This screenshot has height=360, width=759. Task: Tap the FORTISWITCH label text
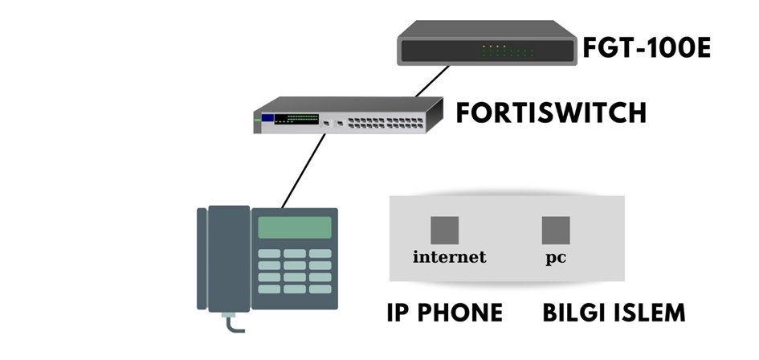(551, 113)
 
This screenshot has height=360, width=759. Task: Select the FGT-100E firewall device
(488, 45)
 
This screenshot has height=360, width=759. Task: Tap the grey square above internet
(444, 231)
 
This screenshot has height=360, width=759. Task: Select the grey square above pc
(556, 231)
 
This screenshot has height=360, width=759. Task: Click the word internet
(450, 257)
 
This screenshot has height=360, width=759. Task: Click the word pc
(556, 259)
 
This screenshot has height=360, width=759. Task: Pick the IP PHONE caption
(444, 312)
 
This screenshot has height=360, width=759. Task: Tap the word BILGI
(572, 312)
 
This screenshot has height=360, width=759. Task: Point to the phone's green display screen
(294, 227)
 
